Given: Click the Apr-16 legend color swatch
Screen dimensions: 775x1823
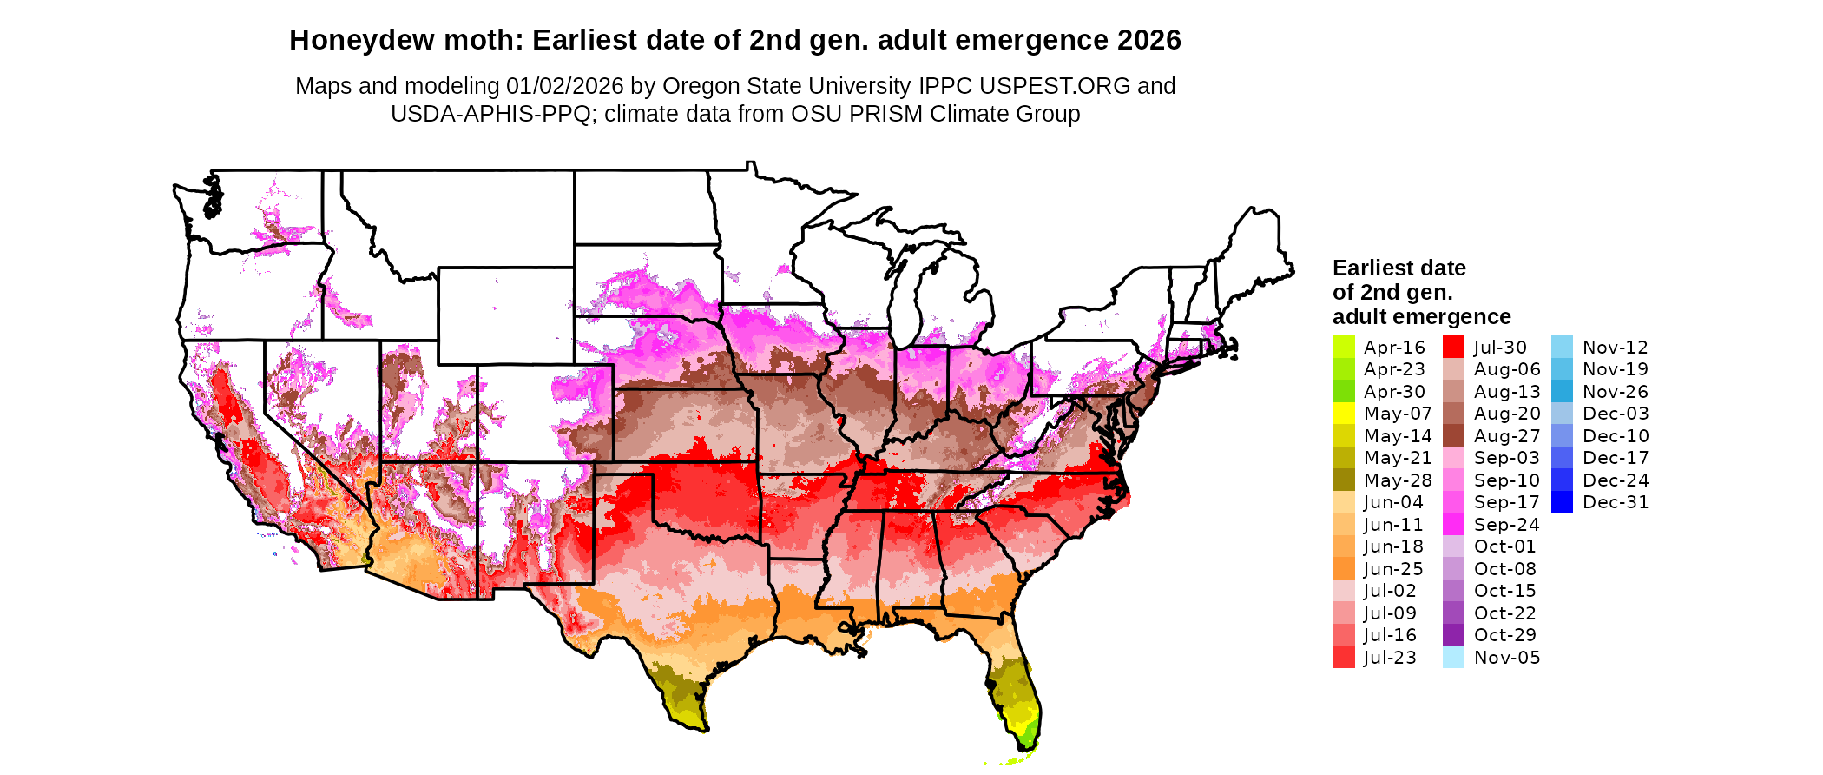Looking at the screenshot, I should point(1343,347).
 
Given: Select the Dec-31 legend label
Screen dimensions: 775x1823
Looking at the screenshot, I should point(1615,502).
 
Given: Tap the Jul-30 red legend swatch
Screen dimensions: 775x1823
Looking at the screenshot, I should point(1453,347).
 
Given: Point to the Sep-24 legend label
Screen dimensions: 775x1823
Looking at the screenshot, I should point(1506,525).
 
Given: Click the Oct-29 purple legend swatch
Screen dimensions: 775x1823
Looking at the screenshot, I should point(1453,635).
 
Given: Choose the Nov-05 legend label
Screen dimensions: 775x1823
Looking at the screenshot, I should point(1506,658).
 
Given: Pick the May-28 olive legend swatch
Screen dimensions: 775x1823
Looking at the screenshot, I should point(1343,480).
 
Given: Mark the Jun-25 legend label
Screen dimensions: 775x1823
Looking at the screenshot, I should point(1393,569).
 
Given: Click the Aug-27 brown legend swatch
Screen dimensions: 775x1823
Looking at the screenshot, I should point(1453,435).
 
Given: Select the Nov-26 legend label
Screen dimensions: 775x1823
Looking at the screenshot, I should point(1615,392).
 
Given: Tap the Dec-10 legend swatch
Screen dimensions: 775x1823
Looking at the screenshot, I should point(1562,435).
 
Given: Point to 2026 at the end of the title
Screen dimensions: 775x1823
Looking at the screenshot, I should point(1149,41).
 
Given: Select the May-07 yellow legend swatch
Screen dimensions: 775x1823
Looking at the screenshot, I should point(1343,414).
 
